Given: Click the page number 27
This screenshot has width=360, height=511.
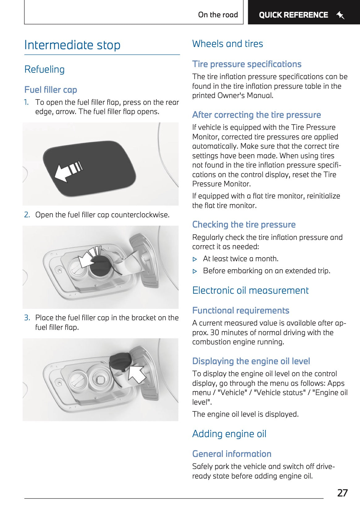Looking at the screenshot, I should click(342, 493).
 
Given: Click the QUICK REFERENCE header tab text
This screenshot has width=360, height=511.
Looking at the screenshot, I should click(293, 15).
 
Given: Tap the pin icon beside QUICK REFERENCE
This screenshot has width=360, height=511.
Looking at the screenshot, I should click(340, 15).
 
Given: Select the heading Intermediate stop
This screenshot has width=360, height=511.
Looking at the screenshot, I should click(72, 45).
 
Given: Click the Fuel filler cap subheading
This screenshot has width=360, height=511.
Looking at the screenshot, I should click(51, 90).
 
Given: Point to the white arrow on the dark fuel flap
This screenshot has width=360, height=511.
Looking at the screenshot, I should click(67, 170).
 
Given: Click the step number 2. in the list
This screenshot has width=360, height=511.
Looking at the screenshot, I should click(27, 215).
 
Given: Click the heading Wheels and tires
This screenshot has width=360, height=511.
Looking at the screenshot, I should click(227, 44).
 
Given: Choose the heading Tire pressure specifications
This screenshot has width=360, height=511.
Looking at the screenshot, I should click(247, 64).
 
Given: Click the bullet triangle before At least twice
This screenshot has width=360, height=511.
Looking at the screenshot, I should click(195, 259).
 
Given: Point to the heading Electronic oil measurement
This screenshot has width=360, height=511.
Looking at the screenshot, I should click(250, 290).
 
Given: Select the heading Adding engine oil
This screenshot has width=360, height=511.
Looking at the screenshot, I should click(229, 434).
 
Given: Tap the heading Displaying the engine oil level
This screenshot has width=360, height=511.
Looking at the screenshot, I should click(251, 361).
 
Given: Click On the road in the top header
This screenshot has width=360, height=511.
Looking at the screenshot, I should click(218, 15).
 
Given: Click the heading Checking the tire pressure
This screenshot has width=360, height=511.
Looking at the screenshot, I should click(244, 224).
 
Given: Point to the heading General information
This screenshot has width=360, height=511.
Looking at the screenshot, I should click(232, 454).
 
